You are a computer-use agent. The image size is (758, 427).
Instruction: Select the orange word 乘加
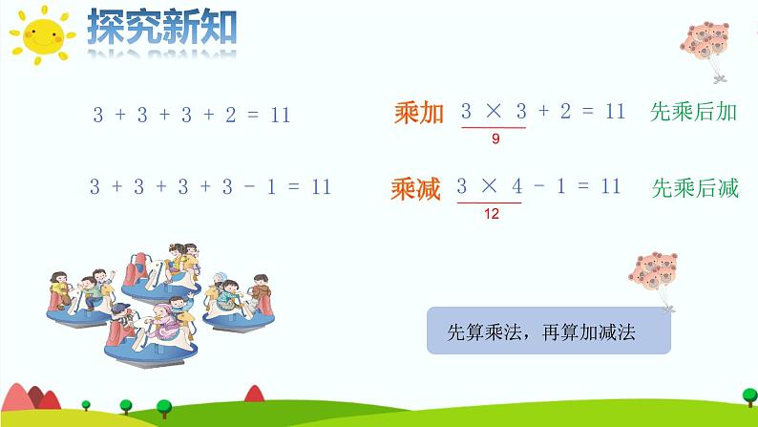click(x=418, y=114)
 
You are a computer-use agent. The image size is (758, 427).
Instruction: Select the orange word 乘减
click(x=415, y=188)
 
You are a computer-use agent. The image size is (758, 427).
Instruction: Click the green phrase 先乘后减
click(x=694, y=188)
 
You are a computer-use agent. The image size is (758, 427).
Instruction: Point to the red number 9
click(x=495, y=139)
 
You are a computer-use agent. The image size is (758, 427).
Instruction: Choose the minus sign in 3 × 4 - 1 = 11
click(x=538, y=186)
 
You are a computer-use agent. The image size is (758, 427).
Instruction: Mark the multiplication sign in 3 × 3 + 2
click(x=493, y=112)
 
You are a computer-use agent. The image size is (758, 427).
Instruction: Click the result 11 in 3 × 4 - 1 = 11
click(x=611, y=186)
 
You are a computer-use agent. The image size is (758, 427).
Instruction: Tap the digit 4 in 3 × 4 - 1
click(x=516, y=186)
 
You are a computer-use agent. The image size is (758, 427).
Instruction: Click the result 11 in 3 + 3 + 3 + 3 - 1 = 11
click(x=321, y=187)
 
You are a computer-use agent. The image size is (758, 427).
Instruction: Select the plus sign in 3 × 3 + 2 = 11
click(x=544, y=112)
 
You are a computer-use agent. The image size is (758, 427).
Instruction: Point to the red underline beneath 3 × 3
click(x=493, y=127)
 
